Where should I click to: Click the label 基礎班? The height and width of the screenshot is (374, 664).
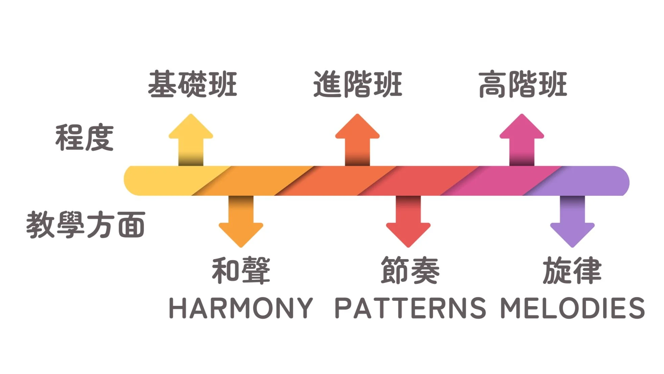point(192,84)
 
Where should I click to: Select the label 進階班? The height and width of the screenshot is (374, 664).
point(358,84)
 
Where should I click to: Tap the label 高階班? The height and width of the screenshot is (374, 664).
point(523,84)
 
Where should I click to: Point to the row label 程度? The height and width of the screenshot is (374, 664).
point(85,137)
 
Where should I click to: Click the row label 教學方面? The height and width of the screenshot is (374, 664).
point(86,225)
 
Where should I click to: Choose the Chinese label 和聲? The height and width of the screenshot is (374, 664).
point(241,270)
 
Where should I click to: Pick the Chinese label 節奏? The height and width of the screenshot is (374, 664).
point(410,270)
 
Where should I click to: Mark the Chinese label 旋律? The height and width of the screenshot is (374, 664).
point(572,270)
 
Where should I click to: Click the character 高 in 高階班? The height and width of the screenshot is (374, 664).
point(492,84)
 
